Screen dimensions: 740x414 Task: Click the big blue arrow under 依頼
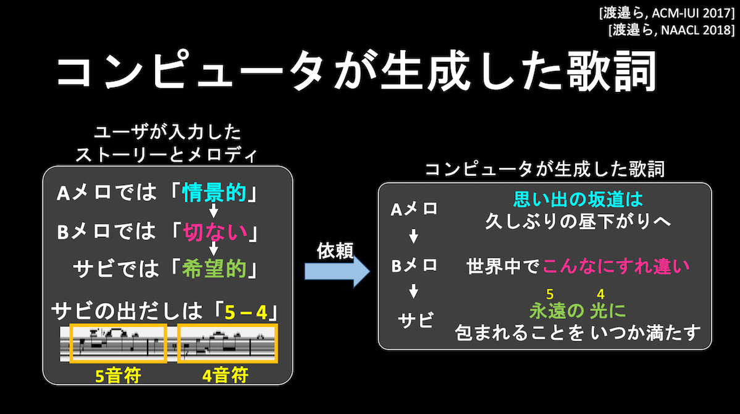(x=337, y=271)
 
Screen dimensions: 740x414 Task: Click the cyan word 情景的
(x=214, y=193)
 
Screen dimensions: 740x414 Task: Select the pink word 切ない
(x=215, y=232)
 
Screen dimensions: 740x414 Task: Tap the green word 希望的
(x=214, y=269)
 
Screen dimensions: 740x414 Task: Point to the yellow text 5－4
(x=246, y=312)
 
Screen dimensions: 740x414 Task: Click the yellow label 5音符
(x=118, y=376)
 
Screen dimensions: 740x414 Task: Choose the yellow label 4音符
(x=225, y=376)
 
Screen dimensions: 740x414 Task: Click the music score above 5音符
(x=118, y=343)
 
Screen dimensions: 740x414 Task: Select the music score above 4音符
(x=227, y=343)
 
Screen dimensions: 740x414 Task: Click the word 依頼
(x=335, y=251)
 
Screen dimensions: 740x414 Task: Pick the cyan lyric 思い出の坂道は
(x=578, y=199)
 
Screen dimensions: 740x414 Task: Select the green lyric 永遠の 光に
(x=578, y=311)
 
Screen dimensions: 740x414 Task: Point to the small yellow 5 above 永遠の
(x=550, y=294)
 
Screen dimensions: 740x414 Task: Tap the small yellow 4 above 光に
(x=600, y=294)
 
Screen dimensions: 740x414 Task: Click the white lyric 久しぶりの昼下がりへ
(x=578, y=221)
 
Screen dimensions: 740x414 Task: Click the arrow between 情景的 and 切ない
(x=214, y=210)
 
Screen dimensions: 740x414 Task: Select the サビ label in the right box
(x=415, y=321)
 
